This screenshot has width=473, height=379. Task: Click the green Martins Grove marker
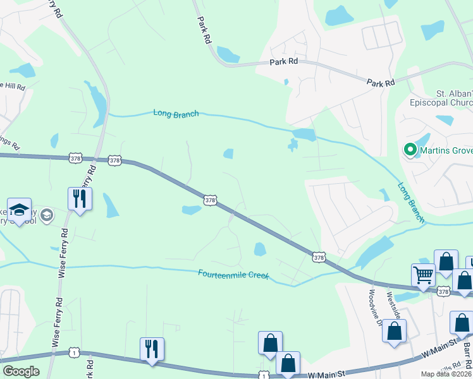click(x=410, y=150)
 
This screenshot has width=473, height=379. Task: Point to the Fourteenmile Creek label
click(x=233, y=275)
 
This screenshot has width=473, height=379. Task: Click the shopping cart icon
click(x=423, y=275)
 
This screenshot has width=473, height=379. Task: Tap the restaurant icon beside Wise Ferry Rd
click(x=80, y=198)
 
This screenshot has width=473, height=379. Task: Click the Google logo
click(x=21, y=371)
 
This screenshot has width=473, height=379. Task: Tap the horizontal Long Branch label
click(x=176, y=114)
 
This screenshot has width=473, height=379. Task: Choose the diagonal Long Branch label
click(x=410, y=202)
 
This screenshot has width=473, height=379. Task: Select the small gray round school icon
click(x=46, y=216)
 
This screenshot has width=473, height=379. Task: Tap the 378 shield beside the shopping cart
click(x=443, y=291)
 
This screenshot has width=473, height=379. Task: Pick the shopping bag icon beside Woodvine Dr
click(x=394, y=330)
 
